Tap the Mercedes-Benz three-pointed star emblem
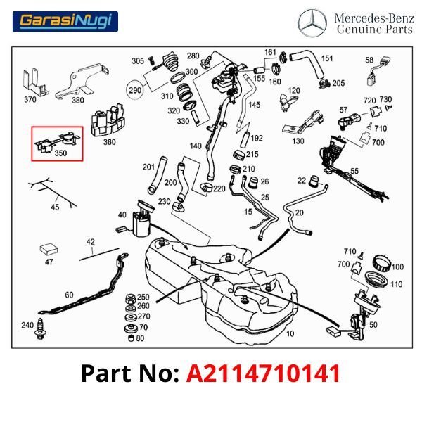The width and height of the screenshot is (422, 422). [x=312, y=23]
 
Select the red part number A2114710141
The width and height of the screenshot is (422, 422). [x=263, y=373]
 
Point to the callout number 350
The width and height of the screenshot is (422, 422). [x=61, y=152]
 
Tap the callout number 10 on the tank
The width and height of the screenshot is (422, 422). [x=290, y=334]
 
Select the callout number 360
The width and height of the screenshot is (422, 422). [x=109, y=141]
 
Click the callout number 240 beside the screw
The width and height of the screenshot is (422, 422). [x=27, y=325]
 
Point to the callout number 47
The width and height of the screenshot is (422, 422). [x=49, y=262]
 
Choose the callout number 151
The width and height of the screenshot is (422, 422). [x=327, y=58]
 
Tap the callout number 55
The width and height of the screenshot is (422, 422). [x=354, y=171]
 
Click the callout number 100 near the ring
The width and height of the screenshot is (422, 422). [x=398, y=267]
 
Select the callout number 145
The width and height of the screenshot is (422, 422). [x=254, y=105]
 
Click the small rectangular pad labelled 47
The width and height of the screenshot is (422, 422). [x=49, y=248]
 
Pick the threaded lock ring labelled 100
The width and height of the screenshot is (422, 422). [x=380, y=267]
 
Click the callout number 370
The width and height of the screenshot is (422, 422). [x=30, y=99]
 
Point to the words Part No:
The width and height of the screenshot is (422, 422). [x=130, y=373]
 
